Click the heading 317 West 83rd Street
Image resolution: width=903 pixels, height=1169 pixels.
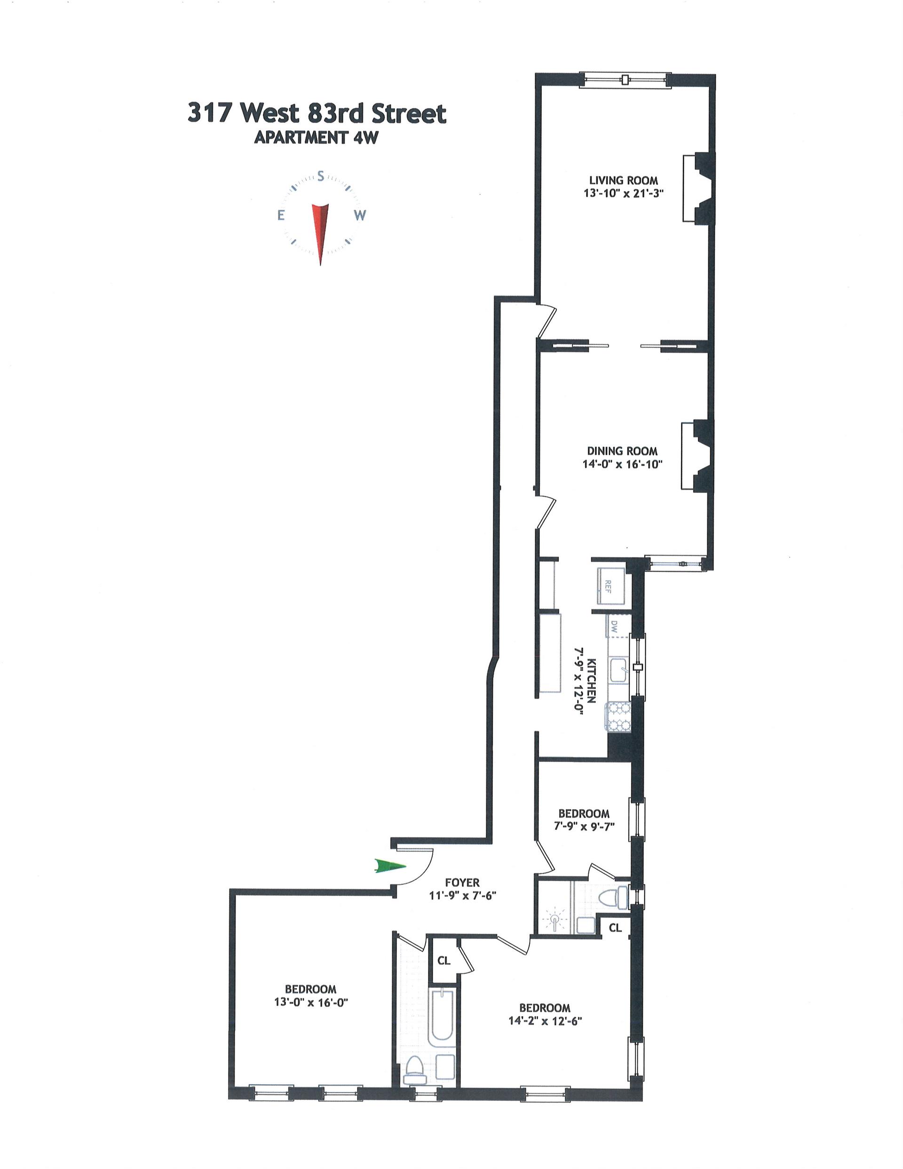coord(317,114)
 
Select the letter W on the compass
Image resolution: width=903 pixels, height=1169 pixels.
coord(360,215)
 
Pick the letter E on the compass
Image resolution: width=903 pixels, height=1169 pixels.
coord(280,215)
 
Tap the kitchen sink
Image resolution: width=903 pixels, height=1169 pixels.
coord(620,671)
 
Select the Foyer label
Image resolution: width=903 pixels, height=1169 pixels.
coord(462,882)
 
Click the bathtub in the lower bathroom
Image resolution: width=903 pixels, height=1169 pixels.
coord(442,1022)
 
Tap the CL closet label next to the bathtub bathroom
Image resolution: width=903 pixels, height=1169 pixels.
coord(444,961)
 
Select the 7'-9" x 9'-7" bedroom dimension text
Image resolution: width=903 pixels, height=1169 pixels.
coord(584,826)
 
